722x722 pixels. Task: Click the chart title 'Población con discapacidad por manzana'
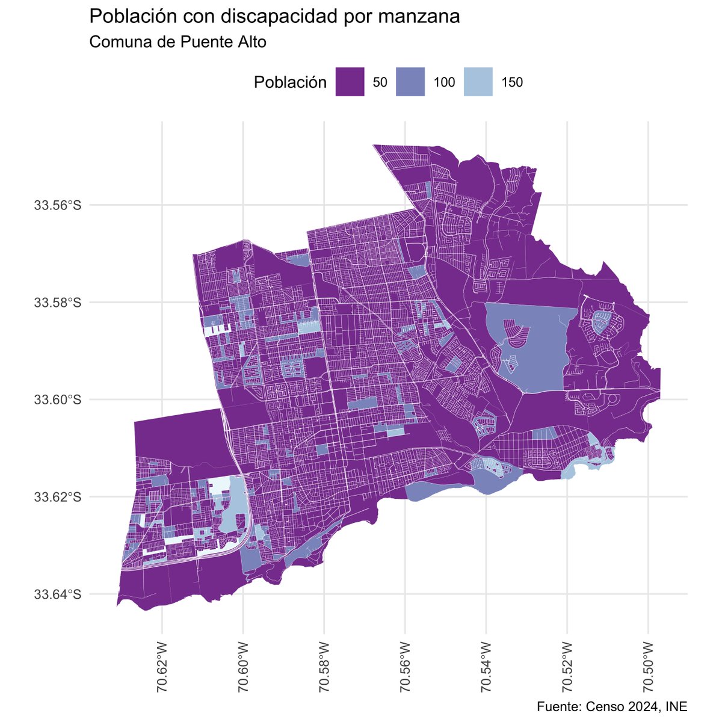(x=274, y=17)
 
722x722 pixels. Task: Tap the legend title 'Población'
(x=290, y=82)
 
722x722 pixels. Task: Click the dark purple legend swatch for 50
(x=350, y=82)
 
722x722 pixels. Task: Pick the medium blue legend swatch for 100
(x=410, y=82)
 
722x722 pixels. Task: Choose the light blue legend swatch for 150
(x=478, y=82)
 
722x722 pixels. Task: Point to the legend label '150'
(x=512, y=83)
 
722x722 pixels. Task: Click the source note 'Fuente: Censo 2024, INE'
(x=611, y=706)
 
